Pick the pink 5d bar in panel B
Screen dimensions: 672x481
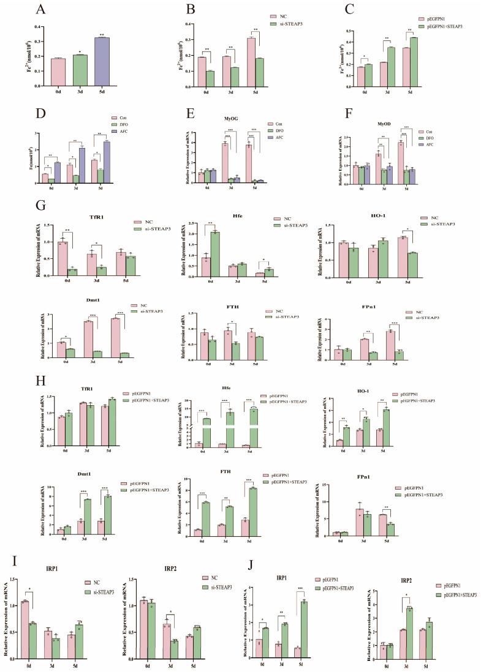pyautogui.click(x=250, y=62)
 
